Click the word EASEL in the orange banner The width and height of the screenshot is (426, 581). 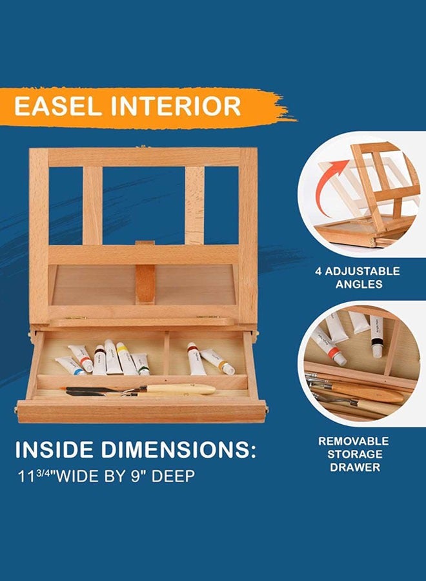click(57, 106)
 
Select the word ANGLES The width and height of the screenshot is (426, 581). click(359, 284)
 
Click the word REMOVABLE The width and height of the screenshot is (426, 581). click(353, 442)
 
